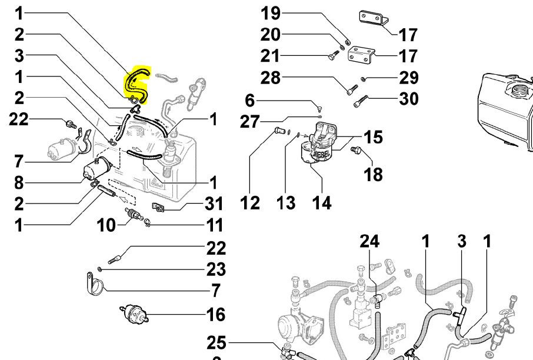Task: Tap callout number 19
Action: (271, 12)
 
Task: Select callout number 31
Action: (214, 204)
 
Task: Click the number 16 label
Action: (216, 314)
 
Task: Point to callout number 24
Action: (369, 241)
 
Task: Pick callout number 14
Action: (321, 203)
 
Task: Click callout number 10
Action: (106, 225)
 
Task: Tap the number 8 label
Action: (19, 182)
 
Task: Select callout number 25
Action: (217, 342)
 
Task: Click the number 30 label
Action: (408, 98)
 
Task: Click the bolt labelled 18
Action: (355, 151)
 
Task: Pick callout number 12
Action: (250, 203)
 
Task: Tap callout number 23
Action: (216, 269)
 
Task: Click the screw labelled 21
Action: (333, 56)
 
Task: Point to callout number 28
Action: (271, 78)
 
